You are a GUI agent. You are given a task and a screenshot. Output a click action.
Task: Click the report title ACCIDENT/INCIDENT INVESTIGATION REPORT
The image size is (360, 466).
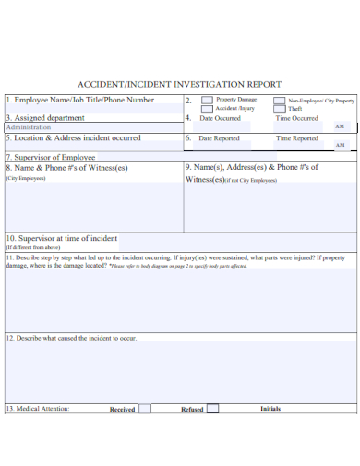pyautogui.click(x=180, y=83)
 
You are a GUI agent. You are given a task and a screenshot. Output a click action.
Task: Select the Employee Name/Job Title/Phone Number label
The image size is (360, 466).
pyautogui.click(x=80, y=100)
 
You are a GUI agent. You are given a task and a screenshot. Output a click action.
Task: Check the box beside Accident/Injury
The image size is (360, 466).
pyautogui.click(x=207, y=108)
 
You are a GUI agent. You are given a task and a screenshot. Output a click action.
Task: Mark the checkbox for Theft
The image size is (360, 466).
pyautogui.click(x=281, y=108)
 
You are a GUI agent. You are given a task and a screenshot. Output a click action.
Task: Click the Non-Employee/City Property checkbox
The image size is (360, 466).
pyautogui.click(x=281, y=100)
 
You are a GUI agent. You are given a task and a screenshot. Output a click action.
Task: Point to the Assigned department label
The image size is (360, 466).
pyautogui.click(x=45, y=118)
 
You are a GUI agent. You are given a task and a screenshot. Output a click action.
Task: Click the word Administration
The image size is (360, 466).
pyautogui.click(x=29, y=127)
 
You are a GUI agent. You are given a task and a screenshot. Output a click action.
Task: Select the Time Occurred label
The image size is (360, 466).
pyautogui.click(x=296, y=118)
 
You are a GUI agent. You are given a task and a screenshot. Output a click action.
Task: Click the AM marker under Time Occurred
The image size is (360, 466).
pyautogui.click(x=340, y=126)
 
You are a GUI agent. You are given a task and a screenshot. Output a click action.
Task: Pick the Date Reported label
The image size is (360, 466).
pyautogui.click(x=219, y=138)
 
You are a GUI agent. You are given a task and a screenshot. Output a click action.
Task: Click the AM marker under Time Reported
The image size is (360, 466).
pyautogui.click(x=340, y=146)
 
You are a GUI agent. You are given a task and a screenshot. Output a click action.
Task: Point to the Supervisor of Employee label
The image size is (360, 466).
pyautogui.click(x=51, y=158)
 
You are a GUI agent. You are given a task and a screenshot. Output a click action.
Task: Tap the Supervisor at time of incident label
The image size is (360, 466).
pyautogui.click(x=62, y=238)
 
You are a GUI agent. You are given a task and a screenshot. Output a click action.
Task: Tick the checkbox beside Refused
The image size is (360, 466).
pyautogui.click(x=213, y=408)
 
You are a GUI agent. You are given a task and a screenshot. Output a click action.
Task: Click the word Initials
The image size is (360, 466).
pyautogui.click(x=270, y=408)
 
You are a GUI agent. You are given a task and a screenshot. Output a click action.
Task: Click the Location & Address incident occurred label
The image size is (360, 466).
pyautogui.click(x=74, y=138)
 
